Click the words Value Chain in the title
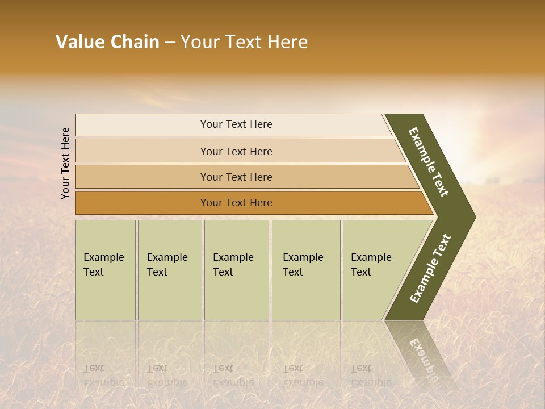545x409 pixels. pos(107,42)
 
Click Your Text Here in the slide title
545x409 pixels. pos(244,42)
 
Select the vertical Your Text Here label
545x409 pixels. pos(65,163)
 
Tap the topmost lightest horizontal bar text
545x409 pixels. pos(236,124)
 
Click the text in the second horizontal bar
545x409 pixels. pos(236,152)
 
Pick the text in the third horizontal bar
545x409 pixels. pos(236,177)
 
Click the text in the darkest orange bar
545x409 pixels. pos(236,203)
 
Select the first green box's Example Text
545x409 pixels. pos(103,265)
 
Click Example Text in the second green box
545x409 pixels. pos(167,265)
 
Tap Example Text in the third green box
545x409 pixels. pos(233,265)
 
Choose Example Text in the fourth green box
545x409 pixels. pos(303,265)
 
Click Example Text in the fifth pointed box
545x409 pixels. pos(371,265)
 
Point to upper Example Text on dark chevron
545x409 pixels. pos(429,162)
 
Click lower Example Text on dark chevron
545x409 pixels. pos(430,269)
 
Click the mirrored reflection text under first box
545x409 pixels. pos(103,375)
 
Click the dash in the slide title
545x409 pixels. pos(170,42)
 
